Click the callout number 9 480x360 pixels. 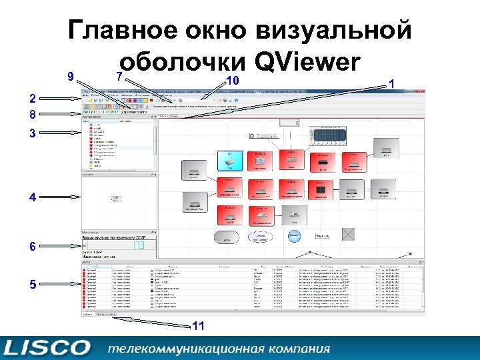click(71, 77)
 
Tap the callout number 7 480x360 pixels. click(119, 77)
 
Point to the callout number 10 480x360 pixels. click(233, 81)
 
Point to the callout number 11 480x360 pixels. click(198, 326)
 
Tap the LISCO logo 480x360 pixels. click(46, 348)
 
